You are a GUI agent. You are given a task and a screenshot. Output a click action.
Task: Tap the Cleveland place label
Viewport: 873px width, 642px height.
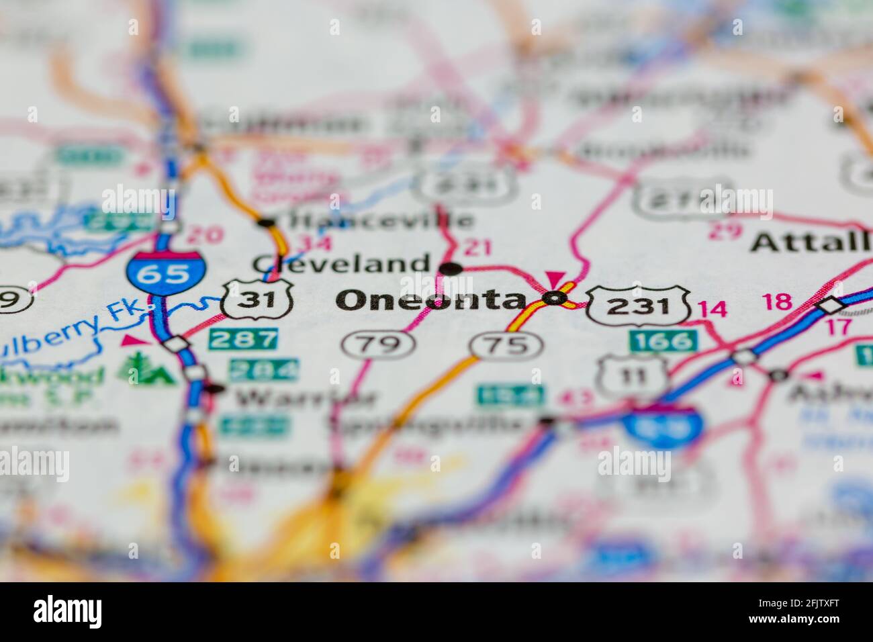(x=340, y=263)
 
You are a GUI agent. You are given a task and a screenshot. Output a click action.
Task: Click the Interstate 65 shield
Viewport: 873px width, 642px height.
(x=165, y=270)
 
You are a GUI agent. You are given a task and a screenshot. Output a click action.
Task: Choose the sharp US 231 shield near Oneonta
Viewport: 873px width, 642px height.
(x=639, y=306)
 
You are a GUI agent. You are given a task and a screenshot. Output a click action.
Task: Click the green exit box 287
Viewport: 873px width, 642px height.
(x=244, y=339)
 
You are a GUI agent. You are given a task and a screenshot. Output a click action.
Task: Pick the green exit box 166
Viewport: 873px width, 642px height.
(x=663, y=341)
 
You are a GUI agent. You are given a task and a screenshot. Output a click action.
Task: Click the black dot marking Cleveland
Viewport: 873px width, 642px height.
(x=451, y=269)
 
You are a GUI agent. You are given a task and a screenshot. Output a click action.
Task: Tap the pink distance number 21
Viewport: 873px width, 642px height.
(x=477, y=248)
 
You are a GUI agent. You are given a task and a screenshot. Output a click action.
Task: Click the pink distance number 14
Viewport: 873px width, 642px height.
(x=712, y=310)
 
